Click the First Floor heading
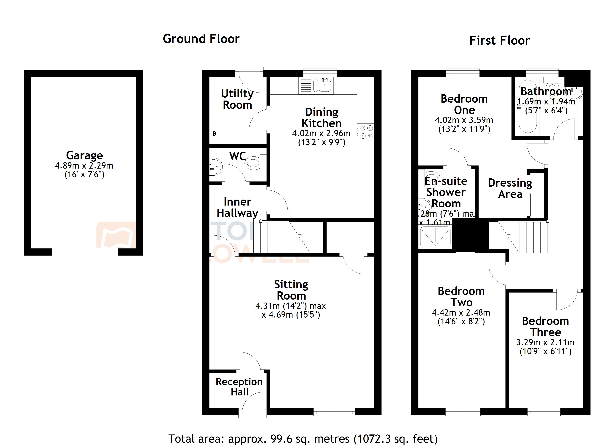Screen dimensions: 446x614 coord(500,41)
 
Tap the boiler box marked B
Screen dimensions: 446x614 coord(214,134)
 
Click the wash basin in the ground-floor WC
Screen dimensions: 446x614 coord(216,166)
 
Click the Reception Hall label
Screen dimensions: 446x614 coord(239,387)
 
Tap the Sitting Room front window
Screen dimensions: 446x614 coord(334,412)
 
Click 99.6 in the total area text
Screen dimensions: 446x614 coord(281,439)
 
